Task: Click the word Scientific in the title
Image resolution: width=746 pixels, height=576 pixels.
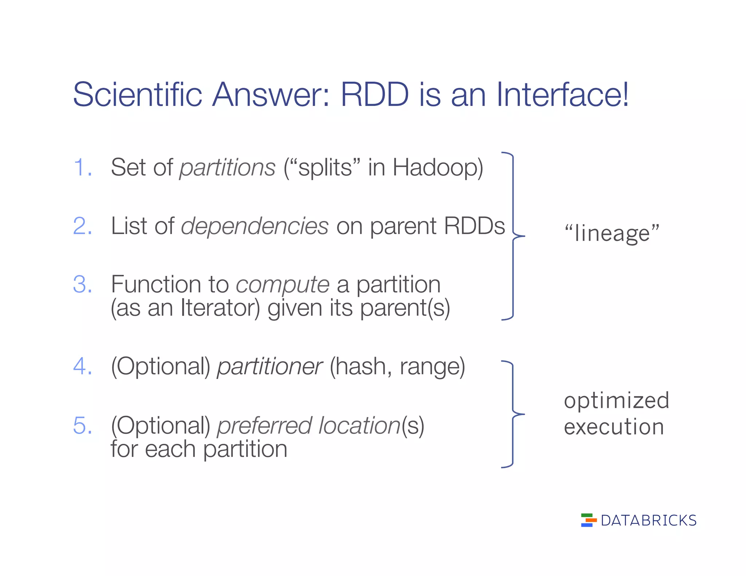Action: pyautogui.click(x=137, y=94)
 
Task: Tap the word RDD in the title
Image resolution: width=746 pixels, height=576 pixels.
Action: pyautogui.click(x=375, y=94)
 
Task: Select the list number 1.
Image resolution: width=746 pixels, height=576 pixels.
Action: pyautogui.click(x=82, y=168)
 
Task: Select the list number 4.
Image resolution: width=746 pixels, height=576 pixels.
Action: pyautogui.click(x=82, y=366)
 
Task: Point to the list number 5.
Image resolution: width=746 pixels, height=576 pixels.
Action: pyautogui.click(x=82, y=425)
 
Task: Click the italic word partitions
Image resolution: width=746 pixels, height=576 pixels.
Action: pyautogui.click(x=227, y=168)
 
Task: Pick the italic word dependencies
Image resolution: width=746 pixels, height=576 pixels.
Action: pyautogui.click(x=255, y=226)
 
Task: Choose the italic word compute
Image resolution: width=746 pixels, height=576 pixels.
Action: pyautogui.click(x=283, y=285)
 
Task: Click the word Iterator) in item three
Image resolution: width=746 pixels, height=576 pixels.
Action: pyautogui.click(x=220, y=308)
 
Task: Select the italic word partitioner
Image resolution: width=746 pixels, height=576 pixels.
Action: pyautogui.click(x=270, y=367)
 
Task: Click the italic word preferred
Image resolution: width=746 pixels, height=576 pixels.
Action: pyautogui.click(x=264, y=426)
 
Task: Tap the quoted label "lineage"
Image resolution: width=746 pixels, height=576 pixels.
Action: pyautogui.click(x=612, y=233)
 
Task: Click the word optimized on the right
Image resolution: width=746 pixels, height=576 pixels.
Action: pyautogui.click(x=616, y=401)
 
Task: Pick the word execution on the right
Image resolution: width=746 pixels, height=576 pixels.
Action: pyautogui.click(x=614, y=427)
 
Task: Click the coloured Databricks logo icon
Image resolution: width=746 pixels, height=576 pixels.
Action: pyautogui.click(x=588, y=520)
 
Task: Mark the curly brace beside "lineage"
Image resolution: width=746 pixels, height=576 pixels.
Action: pyautogui.click(x=513, y=236)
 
